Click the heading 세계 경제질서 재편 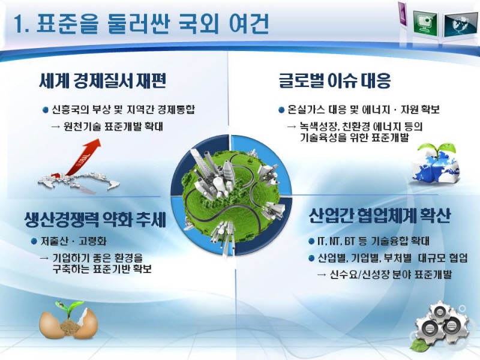click(103, 81)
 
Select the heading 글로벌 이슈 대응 click(335, 80)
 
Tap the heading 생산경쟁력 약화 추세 click(95, 219)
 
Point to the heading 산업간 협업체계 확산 click(380, 216)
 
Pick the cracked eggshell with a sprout click(68, 320)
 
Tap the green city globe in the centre click(231, 195)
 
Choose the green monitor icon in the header click(425, 22)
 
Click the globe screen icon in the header click(460, 25)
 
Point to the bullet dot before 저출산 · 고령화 click(34, 241)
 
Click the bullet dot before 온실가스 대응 click(281, 110)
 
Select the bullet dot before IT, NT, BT click(311, 241)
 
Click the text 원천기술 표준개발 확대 click(113, 127)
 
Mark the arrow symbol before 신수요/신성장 click(322, 275)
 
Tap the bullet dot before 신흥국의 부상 click(46, 110)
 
